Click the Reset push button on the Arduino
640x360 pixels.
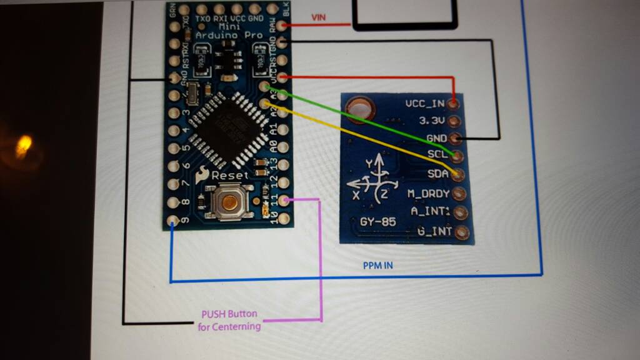point(230,202)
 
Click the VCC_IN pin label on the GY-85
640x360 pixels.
point(424,103)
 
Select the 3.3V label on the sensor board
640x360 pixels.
point(431,121)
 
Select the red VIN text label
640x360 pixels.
point(318,17)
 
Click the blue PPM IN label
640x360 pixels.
point(378,266)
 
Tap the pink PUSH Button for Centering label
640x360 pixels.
point(229,320)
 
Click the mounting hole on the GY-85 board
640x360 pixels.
point(359,108)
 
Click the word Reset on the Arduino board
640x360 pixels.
point(230,176)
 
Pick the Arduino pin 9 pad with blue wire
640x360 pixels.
point(173,220)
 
